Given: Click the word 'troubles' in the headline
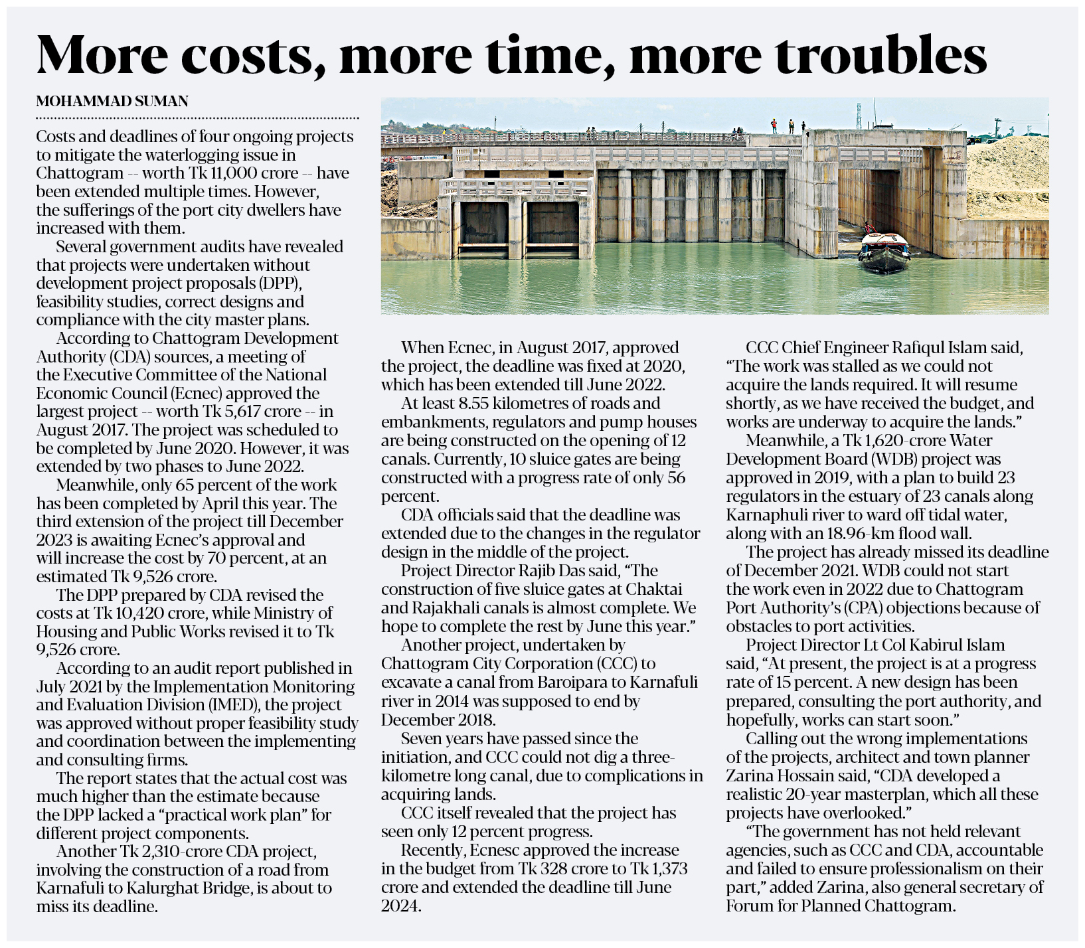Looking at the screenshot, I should [x=881, y=54].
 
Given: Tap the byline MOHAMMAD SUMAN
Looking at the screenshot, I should [x=112, y=102].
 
